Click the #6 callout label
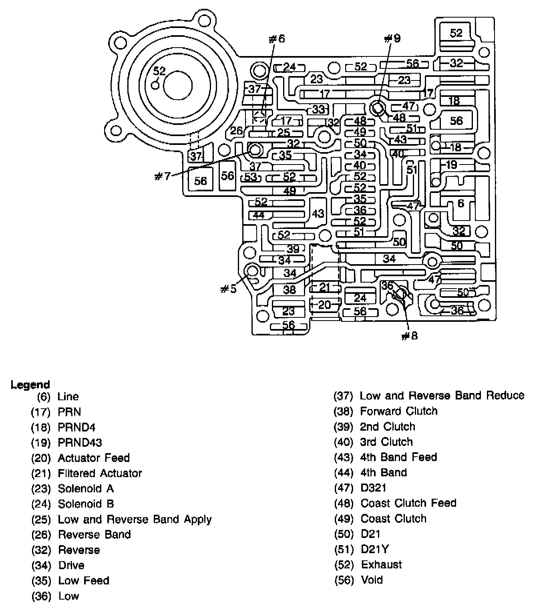click(x=277, y=39)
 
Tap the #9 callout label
click(x=392, y=38)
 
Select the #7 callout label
click(x=163, y=176)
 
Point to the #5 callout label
click(x=228, y=289)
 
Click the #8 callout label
click(x=410, y=336)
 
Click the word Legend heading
click(x=30, y=385)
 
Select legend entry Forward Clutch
click(x=398, y=411)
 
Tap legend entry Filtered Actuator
click(x=100, y=473)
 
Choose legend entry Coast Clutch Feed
click(x=408, y=503)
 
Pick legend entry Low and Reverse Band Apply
click(x=135, y=519)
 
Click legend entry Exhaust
click(x=382, y=564)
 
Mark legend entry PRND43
click(x=80, y=443)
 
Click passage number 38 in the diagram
click(x=289, y=290)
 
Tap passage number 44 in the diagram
click(x=259, y=215)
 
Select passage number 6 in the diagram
click(x=461, y=203)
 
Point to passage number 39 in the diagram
click(x=293, y=249)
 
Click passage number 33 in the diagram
click(x=318, y=109)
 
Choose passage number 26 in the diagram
click(x=236, y=130)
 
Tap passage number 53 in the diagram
click(x=251, y=177)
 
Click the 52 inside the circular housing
click(x=159, y=71)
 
